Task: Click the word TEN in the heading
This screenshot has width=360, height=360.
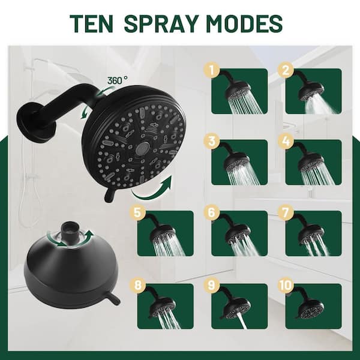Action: [91, 23]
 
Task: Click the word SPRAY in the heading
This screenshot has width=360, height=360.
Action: [161, 23]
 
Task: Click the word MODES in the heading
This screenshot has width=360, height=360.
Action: [244, 23]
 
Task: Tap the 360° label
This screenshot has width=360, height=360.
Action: [118, 80]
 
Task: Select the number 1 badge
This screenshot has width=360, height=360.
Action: [212, 70]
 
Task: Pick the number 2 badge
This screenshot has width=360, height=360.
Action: [286, 70]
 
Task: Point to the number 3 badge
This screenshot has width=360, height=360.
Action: [212, 141]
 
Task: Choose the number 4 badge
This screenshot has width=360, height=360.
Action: [286, 141]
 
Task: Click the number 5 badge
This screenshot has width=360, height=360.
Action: [137, 212]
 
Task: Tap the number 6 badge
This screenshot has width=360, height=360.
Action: [212, 212]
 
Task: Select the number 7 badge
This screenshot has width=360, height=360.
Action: [286, 212]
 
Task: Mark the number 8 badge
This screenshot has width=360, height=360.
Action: [137, 286]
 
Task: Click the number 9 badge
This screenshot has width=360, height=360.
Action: [212, 286]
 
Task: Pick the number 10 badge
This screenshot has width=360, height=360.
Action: [286, 286]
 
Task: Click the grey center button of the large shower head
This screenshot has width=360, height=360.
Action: [142, 148]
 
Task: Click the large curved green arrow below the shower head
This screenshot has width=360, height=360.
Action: [153, 189]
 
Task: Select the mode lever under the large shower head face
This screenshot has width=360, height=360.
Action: [110, 194]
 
